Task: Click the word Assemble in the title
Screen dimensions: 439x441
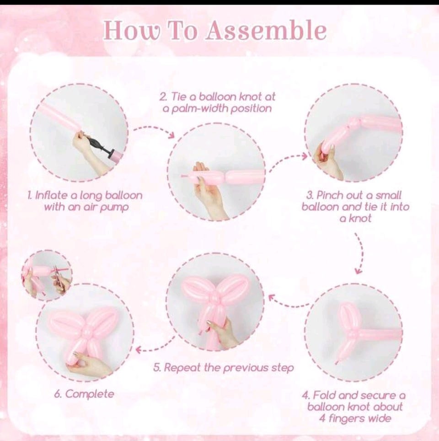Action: [x=266, y=30]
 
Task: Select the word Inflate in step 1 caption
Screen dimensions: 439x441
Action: [x=51, y=195]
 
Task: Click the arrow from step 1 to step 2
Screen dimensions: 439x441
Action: [x=154, y=130]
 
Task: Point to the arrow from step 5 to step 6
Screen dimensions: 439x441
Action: [x=156, y=346]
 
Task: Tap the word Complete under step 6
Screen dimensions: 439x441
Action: [x=90, y=394]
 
